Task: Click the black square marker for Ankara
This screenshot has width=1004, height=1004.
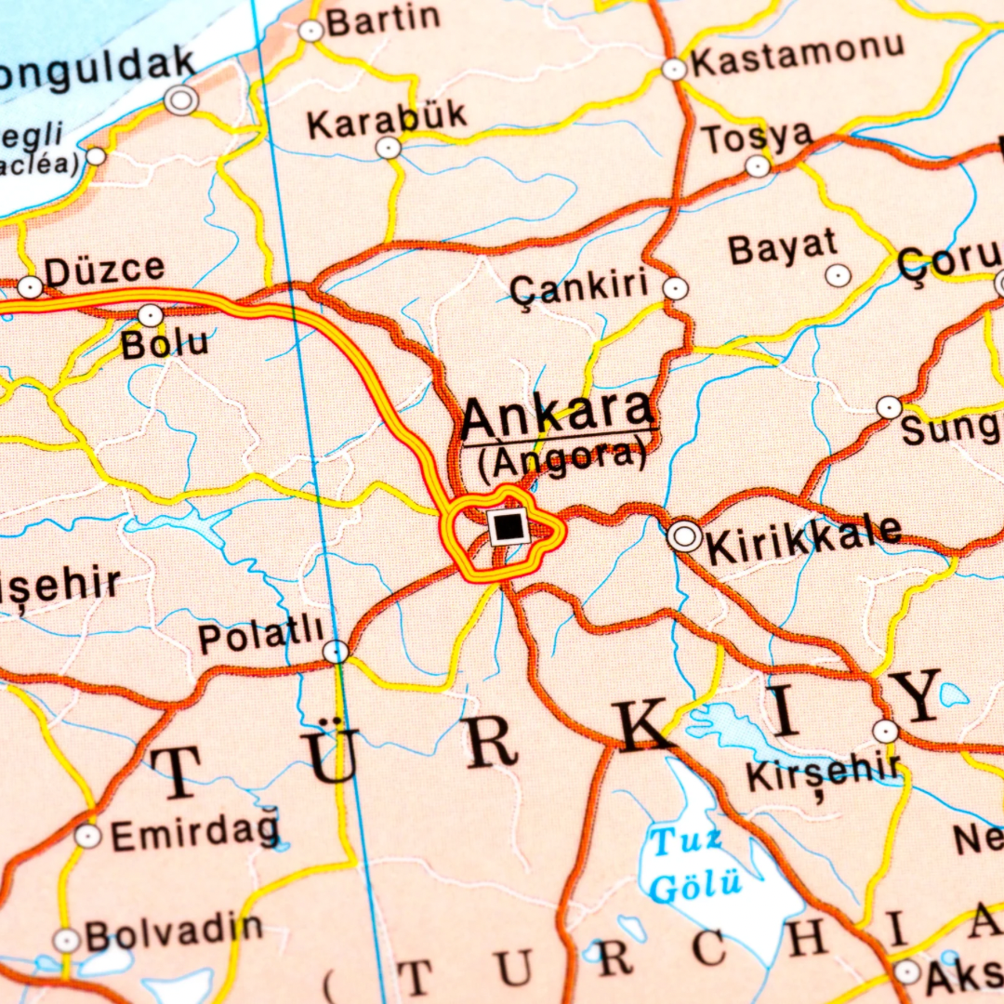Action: pos(509,526)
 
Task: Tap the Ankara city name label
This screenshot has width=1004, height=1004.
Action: pos(558,416)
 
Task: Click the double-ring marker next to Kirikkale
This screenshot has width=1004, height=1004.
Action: pos(685,535)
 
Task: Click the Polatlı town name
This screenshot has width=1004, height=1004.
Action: pos(261,639)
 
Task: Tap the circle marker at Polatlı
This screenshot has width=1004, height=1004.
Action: pos(336,651)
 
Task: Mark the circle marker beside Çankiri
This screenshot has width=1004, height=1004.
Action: pos(676,288)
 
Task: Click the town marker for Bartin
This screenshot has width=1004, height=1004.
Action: pos(310,31)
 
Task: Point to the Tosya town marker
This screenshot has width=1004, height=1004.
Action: pos(758,165)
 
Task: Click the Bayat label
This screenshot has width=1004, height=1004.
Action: pos(783,248)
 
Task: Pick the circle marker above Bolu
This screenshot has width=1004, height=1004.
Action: pos(150,315)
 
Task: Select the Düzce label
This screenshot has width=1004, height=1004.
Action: pos(104,271)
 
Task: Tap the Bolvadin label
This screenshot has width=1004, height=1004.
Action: pos(174,931)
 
